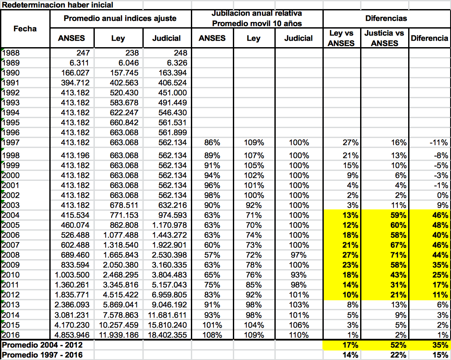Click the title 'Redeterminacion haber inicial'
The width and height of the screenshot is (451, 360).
[x=58, y=5]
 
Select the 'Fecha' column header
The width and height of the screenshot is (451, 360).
[x=25, y=29]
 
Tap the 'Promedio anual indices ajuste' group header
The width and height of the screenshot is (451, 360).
[x=120, y=19]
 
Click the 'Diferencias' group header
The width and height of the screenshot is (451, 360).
[x=386, y=19]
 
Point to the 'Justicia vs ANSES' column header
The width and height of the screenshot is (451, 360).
[x=384, y=38]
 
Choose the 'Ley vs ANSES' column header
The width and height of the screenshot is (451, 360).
[x=341, y=38]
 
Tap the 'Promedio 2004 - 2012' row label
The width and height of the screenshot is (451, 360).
[x=42, y=345]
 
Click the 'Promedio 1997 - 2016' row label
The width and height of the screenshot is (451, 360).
[x=42, y=355]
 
